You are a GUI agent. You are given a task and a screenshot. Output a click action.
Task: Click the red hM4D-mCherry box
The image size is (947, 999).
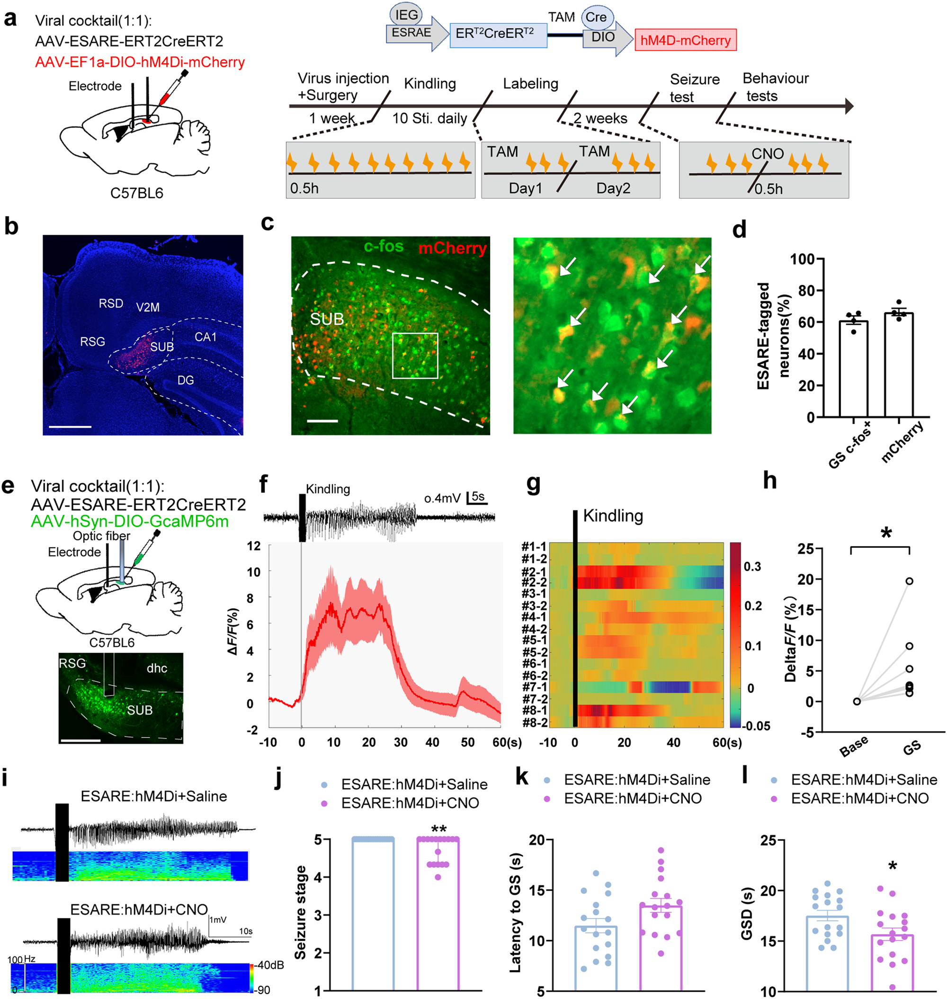pyautogui.click(x=685, y=40)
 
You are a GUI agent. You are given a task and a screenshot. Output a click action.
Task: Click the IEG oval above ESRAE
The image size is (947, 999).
pyautogui.click(x=406, y=15)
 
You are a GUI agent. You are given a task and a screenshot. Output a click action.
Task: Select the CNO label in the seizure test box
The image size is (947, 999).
pyautogui.click(x=767, y=153)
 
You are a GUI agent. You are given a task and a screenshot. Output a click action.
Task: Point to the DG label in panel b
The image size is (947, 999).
pyautogui.click(x=185, y=380)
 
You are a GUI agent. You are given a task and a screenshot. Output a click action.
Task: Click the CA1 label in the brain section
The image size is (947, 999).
pyautogui.click(x=205, y=337)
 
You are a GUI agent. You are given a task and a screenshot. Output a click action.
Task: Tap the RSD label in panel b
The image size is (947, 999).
pyautogui.click(x=110, y=303)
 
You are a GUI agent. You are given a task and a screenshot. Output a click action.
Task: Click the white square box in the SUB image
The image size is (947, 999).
pyautogui.click(x=415, y=356)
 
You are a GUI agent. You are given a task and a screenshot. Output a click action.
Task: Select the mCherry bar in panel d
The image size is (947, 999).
pyautogui.click(x=898, y=365)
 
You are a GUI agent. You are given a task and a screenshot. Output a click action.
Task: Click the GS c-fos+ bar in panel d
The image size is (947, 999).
pyautogui.click(x=853, y=368)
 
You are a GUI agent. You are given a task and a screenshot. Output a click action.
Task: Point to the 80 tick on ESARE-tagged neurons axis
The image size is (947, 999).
pyautogui.click(x=806, y=290)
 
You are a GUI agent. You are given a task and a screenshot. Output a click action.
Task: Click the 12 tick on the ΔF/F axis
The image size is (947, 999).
pyautogui.click(x=254, y=546)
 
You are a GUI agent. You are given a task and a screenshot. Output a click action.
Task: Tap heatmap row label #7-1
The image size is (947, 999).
pyautogui.click(x=534, y=687)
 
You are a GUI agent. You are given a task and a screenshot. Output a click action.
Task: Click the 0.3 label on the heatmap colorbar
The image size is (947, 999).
pyautogui.click(x=752, y=566)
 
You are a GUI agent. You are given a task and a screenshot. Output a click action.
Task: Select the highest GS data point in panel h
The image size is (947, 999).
pyautogui.click(x=909, y=581)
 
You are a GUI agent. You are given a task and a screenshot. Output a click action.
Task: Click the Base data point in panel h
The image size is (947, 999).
pyautogui.click(x=857, y=701)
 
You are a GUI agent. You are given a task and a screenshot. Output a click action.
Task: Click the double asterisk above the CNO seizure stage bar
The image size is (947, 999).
pyautogui.click(x=438, y=830)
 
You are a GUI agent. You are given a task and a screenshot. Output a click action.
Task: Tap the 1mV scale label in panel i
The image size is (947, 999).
pyautogui.click(x=218, y=919)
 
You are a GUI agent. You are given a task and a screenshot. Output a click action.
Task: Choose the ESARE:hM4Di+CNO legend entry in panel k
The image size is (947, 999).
pyautogui.click(x=633, y=798)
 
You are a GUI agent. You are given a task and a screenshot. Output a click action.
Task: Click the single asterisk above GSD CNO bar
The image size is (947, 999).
pyautogui.click(x=893, y=867)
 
